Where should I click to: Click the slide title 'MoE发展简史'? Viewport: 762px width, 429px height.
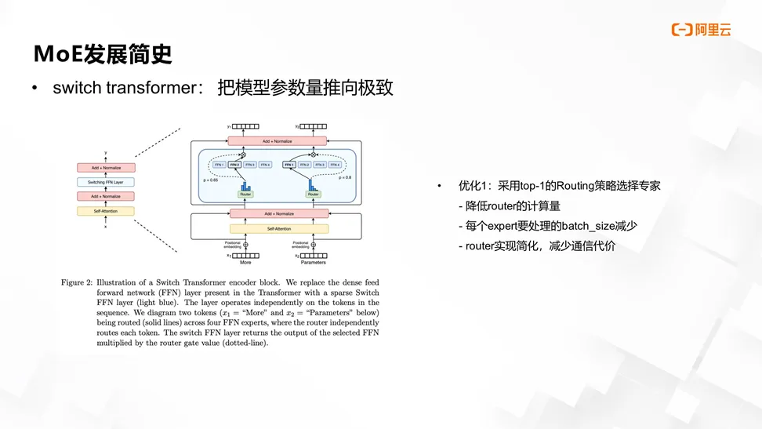(x=103, y=54)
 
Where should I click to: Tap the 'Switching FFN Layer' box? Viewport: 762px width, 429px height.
(x=106, y=182)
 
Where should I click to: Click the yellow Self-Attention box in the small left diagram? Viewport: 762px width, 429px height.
(x=106, y=211)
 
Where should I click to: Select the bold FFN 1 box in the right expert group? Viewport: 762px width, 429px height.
(x=289, y=165)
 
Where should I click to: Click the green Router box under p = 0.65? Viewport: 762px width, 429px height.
(x=243, y=195)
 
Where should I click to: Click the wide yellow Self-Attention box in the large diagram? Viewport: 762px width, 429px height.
(x=278, y=229)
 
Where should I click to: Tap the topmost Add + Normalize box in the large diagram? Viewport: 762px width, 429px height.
(x=278, y=141)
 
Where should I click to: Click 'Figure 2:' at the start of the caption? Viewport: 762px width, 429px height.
(x=79, y=282)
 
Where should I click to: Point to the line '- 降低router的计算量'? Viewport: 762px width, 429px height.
(x=510, y=206)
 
